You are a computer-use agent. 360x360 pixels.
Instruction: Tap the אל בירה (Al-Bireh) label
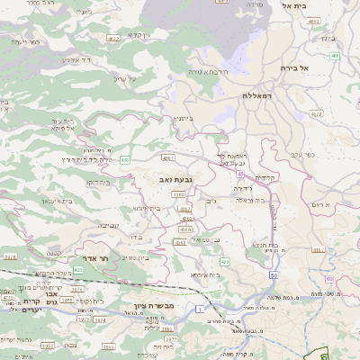tap(293, 67)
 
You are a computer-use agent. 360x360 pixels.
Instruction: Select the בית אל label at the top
tap(294, 6)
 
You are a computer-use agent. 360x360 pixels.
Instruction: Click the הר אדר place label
tap(94, 258)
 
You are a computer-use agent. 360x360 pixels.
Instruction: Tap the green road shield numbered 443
tap(124, 159)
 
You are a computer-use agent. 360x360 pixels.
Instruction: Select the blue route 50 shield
tap(273, 276)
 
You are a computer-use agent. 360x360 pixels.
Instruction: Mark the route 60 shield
tap(334, 56)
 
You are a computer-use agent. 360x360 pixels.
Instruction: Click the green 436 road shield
tap(224, 261)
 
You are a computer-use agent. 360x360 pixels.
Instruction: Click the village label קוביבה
tap(108, 225)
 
